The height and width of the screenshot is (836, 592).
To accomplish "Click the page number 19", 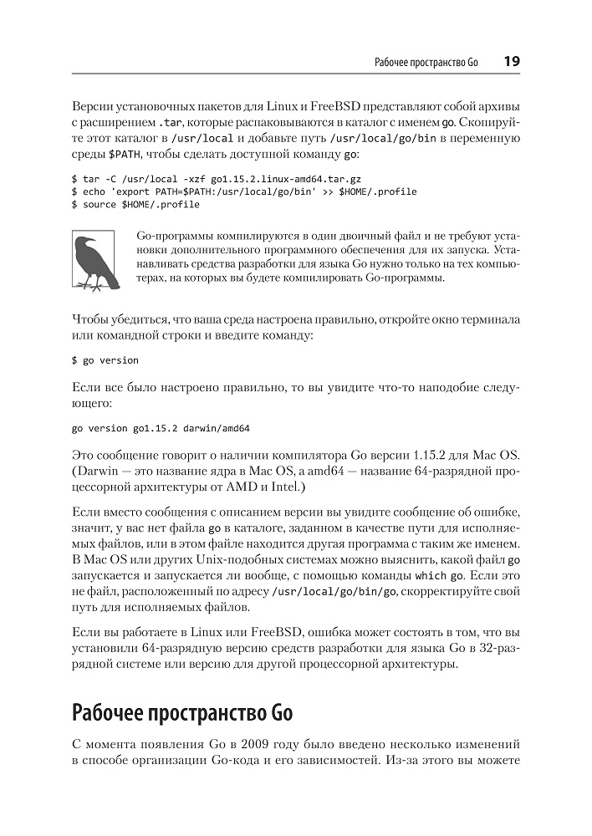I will click(x=511, y=62).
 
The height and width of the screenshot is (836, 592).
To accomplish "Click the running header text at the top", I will click(x=426, y=63).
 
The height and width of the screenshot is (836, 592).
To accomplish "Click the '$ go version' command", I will click(x=105, y=360).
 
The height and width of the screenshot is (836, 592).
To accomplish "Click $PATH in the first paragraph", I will click(x=125, y=155).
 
